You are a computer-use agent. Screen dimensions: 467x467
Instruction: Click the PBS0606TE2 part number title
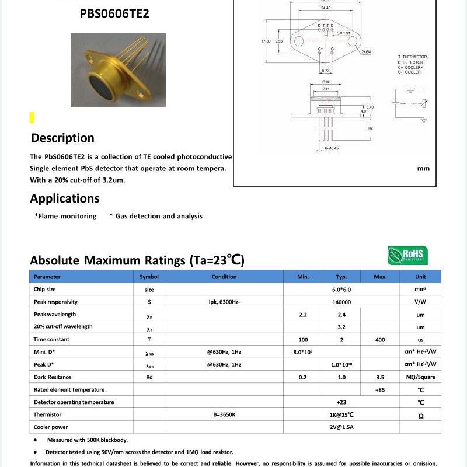[114, 12]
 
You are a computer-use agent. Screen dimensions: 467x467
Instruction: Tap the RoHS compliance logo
[407, 256]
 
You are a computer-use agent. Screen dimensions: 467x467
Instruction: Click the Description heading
[62, 138]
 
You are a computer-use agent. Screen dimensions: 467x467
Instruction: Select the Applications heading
[65, 198]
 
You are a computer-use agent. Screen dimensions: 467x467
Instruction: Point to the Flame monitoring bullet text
[65, 216]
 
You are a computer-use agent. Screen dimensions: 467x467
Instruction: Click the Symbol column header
[149, 277]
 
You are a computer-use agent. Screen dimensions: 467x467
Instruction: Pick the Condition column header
[224, 277]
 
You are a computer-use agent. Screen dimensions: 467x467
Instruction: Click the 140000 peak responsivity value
[341, 302]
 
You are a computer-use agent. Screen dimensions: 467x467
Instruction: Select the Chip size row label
[45, 290]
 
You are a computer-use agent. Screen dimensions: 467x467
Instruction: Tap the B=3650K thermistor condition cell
[224, 414]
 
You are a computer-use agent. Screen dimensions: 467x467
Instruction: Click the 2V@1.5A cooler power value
[341, 427]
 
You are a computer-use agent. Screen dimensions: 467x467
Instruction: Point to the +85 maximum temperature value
[380, 389]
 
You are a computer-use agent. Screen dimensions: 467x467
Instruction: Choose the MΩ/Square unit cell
[420, 377]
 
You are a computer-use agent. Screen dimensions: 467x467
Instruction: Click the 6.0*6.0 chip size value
[341, 290]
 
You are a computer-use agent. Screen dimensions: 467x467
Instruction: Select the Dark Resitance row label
[53, 377]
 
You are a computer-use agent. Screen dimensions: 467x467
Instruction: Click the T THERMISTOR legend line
[412, 57]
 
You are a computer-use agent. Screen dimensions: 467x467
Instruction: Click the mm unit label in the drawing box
[423, 169]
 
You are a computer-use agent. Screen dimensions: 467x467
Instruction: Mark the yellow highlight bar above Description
[32, 118]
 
